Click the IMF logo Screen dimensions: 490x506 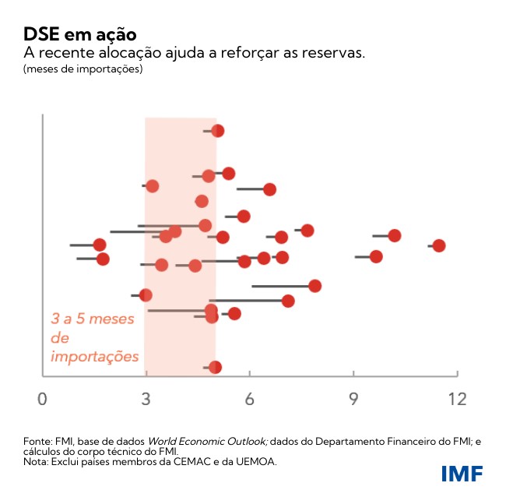[x=462, y=474]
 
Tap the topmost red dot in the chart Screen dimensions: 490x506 [x=218, y=131]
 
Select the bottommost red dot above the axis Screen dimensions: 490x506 [x=216, y=367]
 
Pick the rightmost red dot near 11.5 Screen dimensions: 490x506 [x=439, y=245]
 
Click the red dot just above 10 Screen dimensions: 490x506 [x=395, y=235]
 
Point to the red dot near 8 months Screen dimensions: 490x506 [x=314, y=286]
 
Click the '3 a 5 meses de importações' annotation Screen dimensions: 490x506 [x=94, y=338]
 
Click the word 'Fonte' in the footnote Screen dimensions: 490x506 [x=37, y=442]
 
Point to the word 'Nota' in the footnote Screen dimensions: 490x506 [x=36, y=461]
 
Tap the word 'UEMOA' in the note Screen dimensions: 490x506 [x=258, y=461]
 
